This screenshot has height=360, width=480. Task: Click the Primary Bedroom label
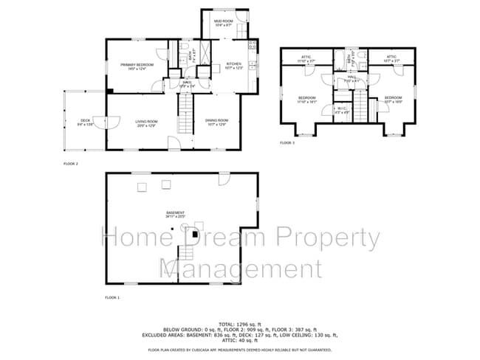click(x=137, y=66)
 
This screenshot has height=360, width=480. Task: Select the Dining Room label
click(x=216, y=121)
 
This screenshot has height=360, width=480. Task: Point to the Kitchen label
click(x=233, y=65)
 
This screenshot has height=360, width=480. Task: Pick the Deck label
click(x=85, y=122)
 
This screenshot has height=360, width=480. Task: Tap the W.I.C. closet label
click(x=342, y=111)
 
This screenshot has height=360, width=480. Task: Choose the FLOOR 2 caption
click(x=71, y=163)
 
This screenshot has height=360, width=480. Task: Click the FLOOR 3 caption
click(x=287, y=142)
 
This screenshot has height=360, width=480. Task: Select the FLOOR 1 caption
click(x=112, y=297)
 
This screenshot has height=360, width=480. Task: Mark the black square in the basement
click(x=194, y=234)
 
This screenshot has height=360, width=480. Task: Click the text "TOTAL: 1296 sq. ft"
click(x=239, y=323)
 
